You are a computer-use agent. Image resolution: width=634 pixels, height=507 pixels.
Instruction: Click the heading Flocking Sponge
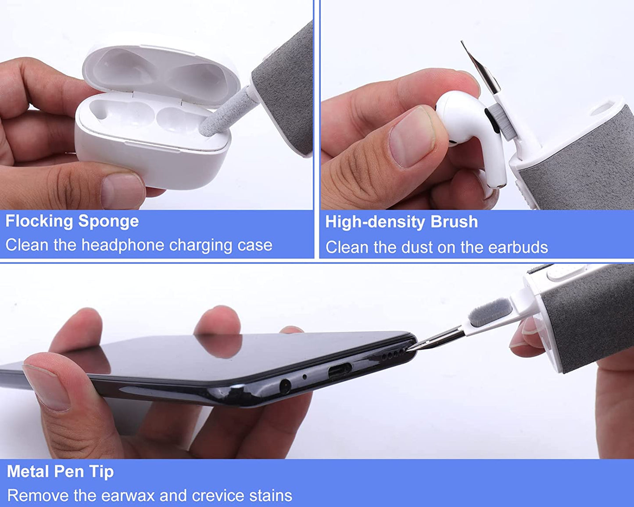tap(72, 221)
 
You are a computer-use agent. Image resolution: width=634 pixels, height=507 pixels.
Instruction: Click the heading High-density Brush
tap(401, 222)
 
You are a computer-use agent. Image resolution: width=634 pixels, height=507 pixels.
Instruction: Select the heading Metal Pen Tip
tap(61, 471)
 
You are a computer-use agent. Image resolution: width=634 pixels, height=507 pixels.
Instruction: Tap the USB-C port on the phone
tap(340, 370)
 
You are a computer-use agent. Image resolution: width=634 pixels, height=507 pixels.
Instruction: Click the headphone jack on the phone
tap(285, 386)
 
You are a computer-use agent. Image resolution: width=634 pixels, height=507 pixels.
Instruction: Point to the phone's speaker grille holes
tap(393, 354)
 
